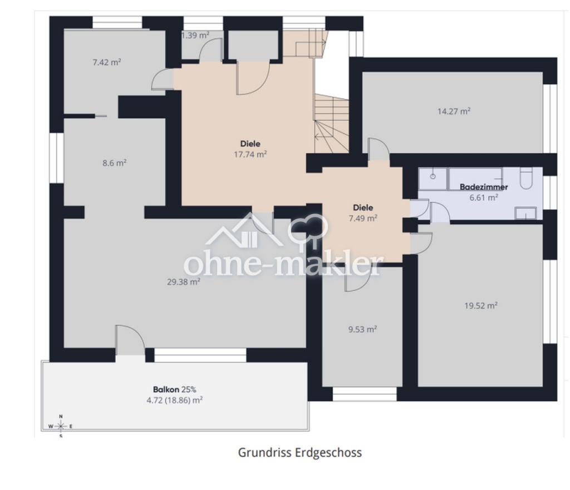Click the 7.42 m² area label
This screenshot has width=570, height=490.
tap(106, 62)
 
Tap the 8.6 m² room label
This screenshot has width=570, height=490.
tap(114, 163)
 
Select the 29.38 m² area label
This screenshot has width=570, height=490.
tap(184, 281)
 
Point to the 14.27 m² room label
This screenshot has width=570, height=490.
tap(454, 111)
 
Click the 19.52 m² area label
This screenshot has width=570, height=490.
tap(480, 305)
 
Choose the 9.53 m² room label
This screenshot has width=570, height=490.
tap(362, 329)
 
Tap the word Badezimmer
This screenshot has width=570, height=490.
tap(484, 187)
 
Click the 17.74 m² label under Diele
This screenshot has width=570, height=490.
tap(250, 155)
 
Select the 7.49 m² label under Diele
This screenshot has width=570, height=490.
tap(363, 218)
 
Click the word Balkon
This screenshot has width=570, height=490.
tap(166, 389)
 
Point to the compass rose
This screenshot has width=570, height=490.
tap(61, 426)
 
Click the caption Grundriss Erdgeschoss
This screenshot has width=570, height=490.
tap(300, 453)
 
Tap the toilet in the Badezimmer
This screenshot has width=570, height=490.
tap(525, 178)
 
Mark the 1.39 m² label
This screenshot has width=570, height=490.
tap(195, 35)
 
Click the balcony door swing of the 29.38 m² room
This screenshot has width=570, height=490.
tap(130, 339)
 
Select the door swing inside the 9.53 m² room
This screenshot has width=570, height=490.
tap(358, 279)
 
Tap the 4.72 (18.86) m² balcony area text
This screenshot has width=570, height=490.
tap(174, 400)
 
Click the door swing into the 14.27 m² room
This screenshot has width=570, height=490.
tap(379, 149)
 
